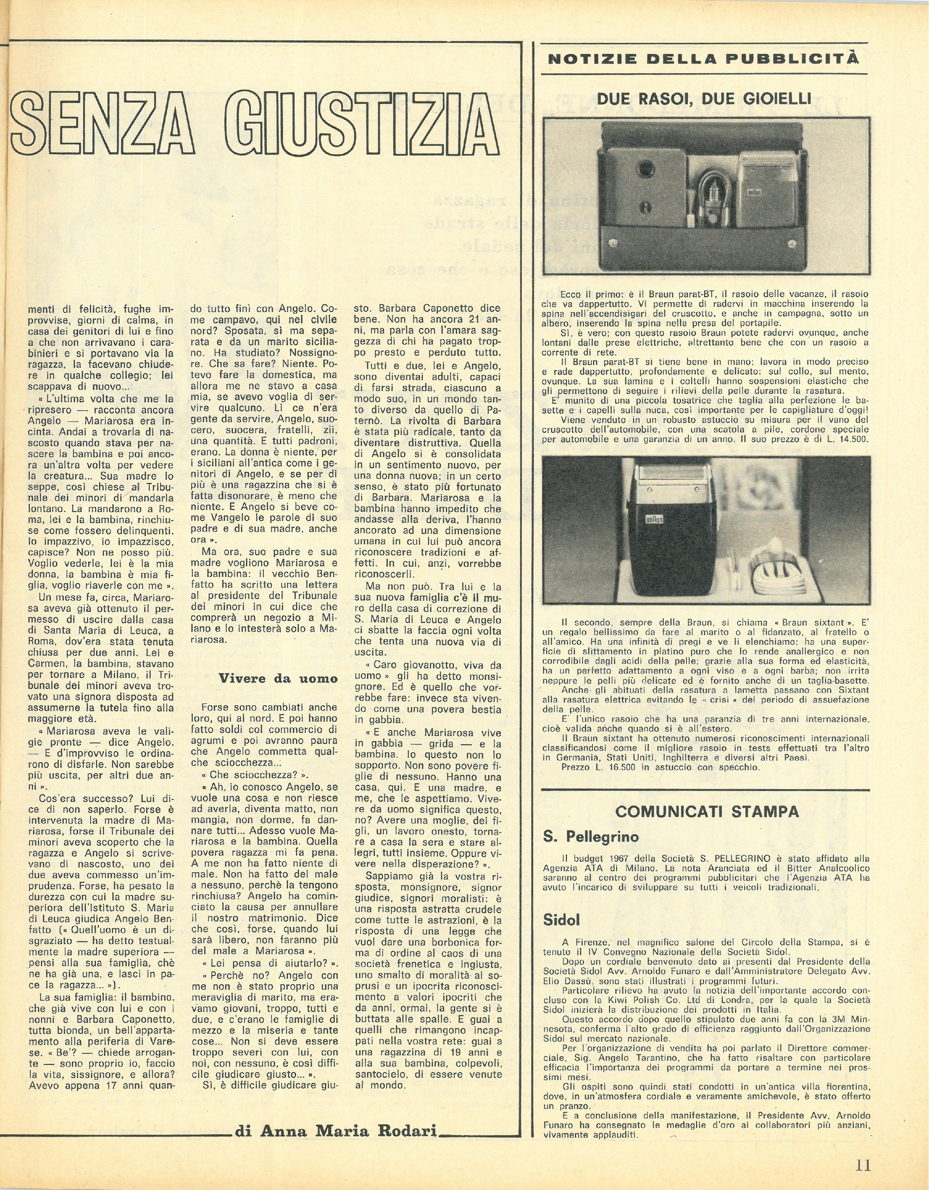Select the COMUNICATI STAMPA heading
click(707, 811)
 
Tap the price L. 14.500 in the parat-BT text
click(844, 439)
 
